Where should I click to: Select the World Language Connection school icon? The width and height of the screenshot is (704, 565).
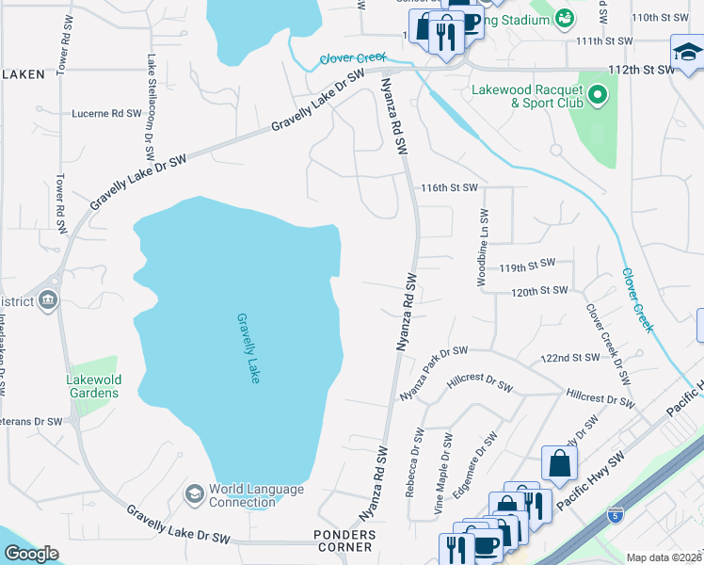[195, 494]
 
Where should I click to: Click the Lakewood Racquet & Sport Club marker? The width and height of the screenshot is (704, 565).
[597, 95]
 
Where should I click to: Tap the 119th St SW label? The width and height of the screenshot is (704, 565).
[527, 266]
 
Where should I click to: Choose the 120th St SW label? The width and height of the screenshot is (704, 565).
[539, 291]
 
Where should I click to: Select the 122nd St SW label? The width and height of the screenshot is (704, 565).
[570, 358]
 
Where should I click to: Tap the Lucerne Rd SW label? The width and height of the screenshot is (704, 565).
[106, 113]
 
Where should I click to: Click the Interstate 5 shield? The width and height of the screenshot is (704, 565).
[615, 515]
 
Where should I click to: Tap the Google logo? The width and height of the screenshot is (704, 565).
[31, 554]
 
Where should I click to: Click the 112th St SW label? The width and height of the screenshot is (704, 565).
[641, 69]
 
